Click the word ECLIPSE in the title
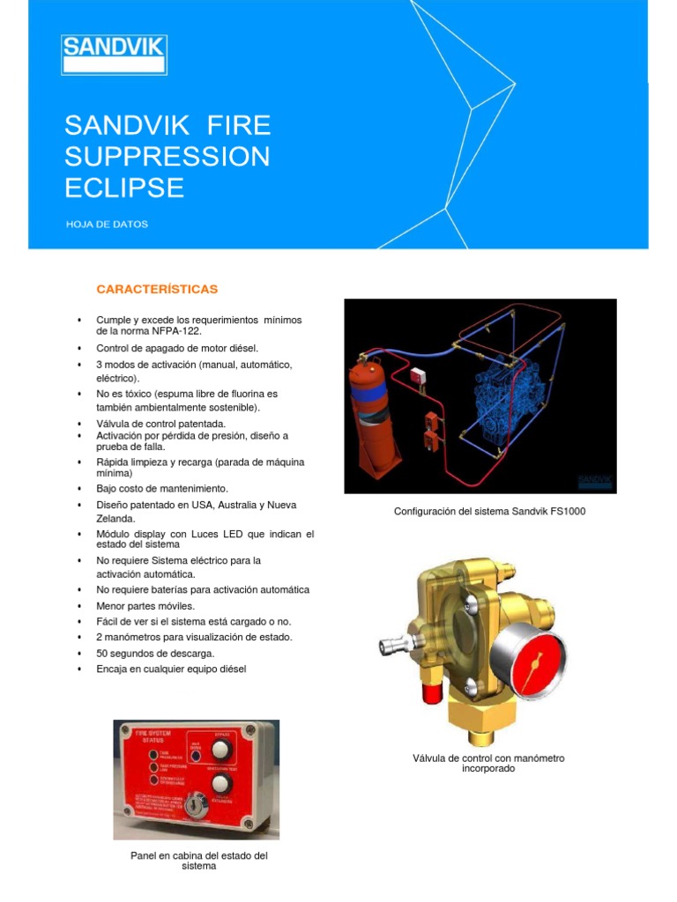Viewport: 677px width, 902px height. (x=124, y=188)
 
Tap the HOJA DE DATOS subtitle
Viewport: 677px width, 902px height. (x=107, y=224)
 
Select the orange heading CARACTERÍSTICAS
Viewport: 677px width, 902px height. (x=157, y=289)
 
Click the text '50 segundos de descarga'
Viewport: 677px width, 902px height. (x=155, y=653)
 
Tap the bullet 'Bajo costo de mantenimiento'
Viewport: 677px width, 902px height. (x=162, y=488)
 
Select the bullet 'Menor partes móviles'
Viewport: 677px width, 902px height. (x=145, y=606)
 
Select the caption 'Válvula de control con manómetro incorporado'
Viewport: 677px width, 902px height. (x=488, y=763)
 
